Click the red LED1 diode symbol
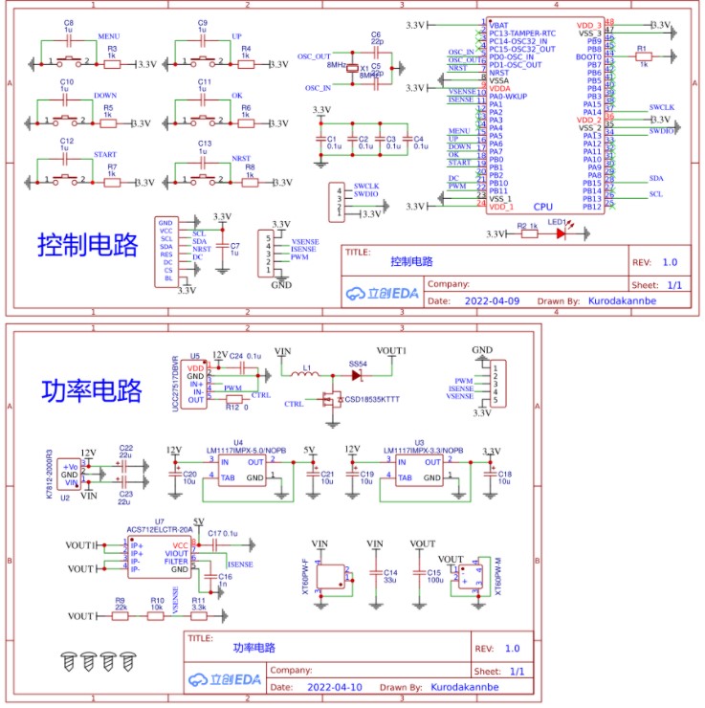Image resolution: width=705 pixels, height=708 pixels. click(562, 232)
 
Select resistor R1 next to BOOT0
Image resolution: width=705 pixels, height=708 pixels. click(643, 56)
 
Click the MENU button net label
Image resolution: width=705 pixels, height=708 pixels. click(109, 36)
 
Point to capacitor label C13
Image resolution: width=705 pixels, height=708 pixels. click(204, 143)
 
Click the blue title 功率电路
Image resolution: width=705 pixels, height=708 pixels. click(91, 390)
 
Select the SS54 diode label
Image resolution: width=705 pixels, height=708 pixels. click(358, 365)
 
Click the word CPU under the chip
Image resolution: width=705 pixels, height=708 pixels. click(542, 206)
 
